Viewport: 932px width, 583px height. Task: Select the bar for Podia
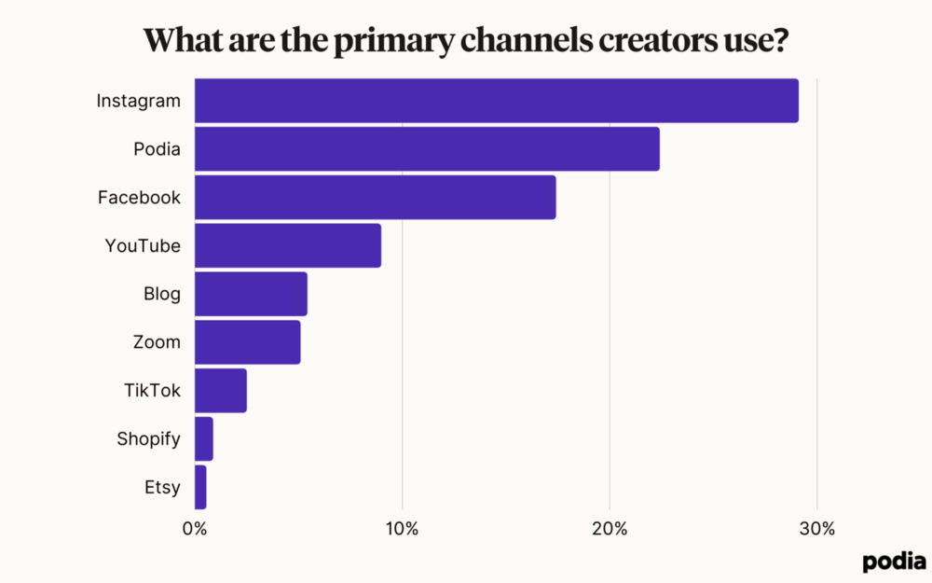(x=427, y=149)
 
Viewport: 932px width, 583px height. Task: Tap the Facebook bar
(x=375, y=198)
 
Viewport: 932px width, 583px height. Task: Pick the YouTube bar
(x=287, y=246)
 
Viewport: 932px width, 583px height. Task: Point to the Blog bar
(x=251, y=295)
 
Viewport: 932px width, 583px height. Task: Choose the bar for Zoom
(x=247, y=342)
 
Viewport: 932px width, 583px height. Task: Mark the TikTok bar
(x=221, y=391)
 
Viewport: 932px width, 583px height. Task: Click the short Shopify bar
(x=204, y=439)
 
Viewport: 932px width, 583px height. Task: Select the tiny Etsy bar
(x=200, y=487)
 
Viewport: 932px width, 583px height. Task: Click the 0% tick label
(x=195, y=529)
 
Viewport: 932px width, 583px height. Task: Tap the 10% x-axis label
(x=402, y=529)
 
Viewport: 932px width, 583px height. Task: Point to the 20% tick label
(x=610, y=529)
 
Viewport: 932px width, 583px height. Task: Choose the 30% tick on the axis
(x=817, y=529)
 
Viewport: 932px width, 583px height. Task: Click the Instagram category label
(x=139, y=101)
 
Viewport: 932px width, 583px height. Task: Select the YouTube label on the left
(x=143, y=246)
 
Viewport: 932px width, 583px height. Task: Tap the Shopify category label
(x=148, y=439)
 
